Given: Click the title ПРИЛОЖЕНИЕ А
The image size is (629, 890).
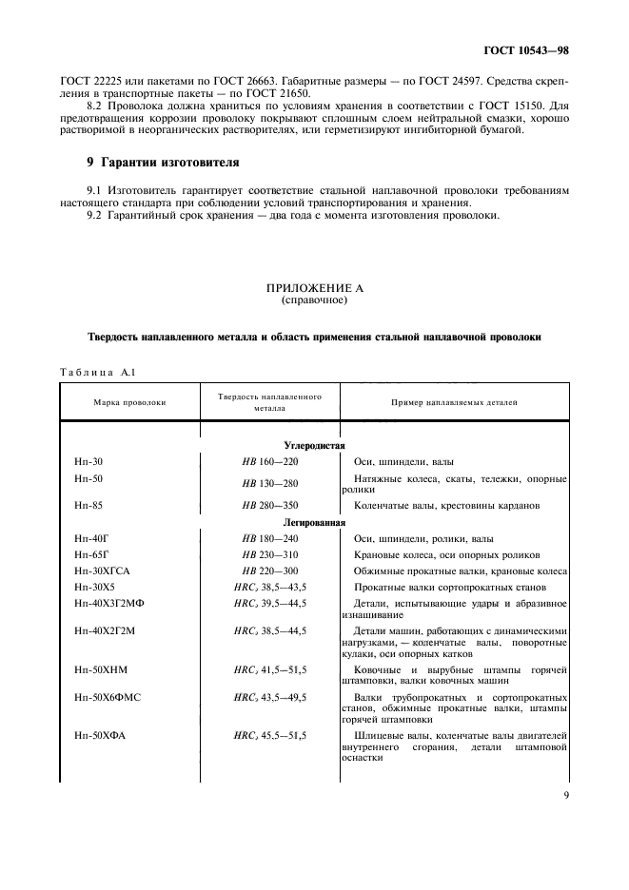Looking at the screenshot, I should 314,288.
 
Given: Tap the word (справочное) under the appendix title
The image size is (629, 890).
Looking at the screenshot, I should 314,300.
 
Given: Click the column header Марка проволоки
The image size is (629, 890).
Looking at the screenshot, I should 129,402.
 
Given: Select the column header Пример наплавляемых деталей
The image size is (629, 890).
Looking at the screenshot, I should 454,402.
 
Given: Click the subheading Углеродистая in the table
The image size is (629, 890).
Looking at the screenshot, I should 314,445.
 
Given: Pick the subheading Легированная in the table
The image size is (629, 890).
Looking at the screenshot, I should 314,522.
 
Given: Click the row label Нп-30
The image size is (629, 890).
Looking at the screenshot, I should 88,460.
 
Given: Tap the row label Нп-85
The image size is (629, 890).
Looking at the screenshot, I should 88,505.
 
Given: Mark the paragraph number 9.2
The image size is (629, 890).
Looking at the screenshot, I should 95,216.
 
